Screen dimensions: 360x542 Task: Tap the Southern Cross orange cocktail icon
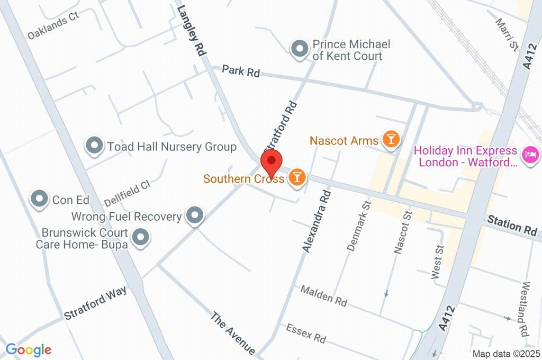coord(297,177)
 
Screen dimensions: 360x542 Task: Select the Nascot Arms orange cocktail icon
coord(391,140)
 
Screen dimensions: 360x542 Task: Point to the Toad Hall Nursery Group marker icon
coord(95,146)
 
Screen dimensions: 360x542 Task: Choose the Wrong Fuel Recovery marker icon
coord(195,215)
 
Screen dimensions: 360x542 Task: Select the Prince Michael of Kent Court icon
coord(300,49)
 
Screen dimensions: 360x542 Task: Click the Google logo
coord(29,349)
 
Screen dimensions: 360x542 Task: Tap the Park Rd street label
coord(241,71)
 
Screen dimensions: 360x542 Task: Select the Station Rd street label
coord(512,226)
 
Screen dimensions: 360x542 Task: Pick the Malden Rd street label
coord(324,295)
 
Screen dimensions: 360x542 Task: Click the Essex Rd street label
coord(306,332)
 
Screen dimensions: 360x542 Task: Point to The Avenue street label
coord(233,334)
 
